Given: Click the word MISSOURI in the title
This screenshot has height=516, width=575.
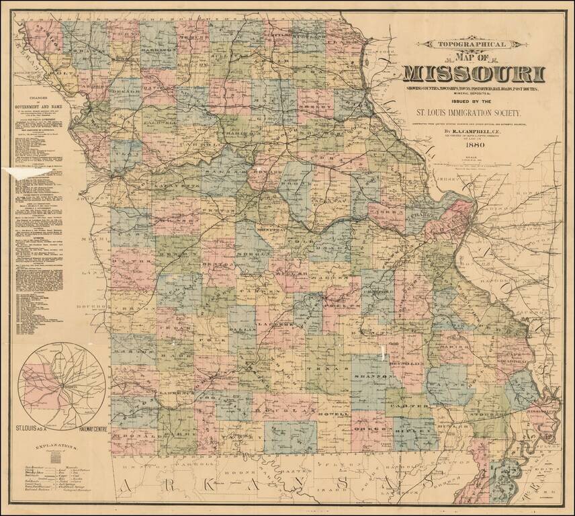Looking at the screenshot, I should (474, 73).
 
